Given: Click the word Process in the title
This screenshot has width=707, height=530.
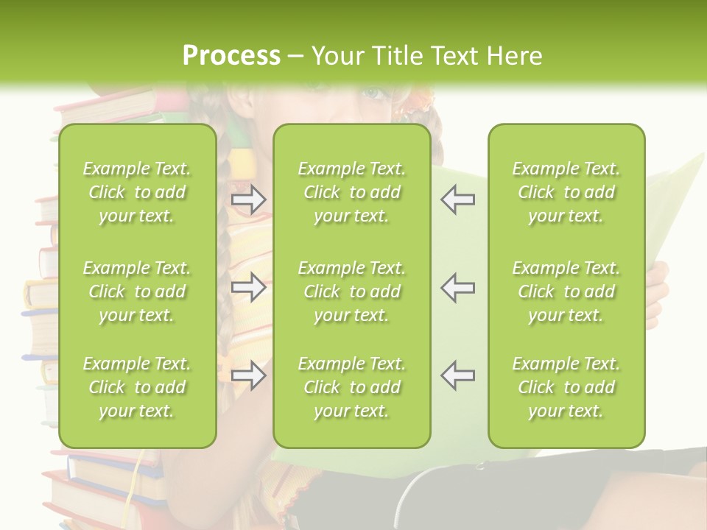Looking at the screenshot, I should (x=231, y=56).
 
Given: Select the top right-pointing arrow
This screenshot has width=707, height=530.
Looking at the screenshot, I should (x=248, y=199).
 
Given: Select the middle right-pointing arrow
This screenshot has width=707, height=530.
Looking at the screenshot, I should (x=248, y=287).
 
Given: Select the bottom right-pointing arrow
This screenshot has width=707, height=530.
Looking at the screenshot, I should (x=248, y=375).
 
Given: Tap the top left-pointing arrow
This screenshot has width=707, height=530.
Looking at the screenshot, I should (x=458, y=199).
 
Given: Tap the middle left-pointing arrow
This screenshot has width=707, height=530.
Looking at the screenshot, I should (x=458, y=287).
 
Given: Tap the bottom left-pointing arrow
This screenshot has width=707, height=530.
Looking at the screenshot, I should (x=458, y=375).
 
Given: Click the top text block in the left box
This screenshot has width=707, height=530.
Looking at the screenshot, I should (x=137, y=192).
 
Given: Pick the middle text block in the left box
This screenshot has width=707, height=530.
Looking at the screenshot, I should (x=137, y=291).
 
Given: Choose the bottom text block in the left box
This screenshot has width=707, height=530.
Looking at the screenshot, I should (x=137, y=387).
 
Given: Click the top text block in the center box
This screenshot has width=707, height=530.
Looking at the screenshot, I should (x=351, y=192).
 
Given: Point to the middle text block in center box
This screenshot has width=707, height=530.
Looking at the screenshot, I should (x=351, y=291).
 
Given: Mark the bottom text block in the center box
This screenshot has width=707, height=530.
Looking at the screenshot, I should (x=351, y=387).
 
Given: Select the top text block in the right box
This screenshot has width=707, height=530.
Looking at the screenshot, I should (x=566, y=192).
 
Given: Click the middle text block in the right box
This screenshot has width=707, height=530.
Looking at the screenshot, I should (x=566, y=291).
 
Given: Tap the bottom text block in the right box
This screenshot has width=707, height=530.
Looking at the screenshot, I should (x=566, y=387).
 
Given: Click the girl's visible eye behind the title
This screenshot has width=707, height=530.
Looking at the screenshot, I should (x=373, y=94).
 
